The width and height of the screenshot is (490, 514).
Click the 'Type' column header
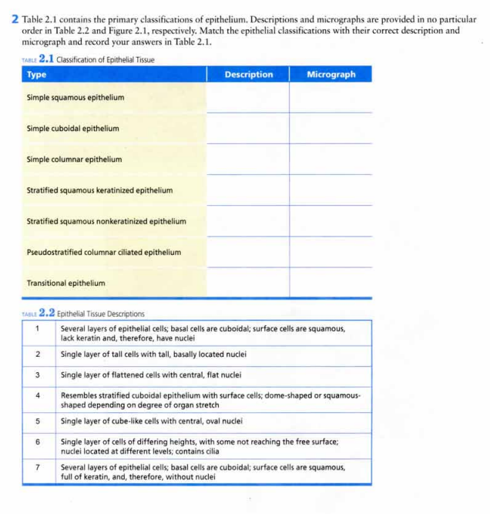37,75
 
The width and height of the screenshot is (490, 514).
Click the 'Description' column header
248,75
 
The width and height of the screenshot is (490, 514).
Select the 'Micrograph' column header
331,75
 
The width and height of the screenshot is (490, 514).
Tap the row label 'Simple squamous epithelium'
76,98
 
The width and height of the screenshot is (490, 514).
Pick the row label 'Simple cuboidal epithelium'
73,129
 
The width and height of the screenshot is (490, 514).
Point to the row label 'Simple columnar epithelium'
75,160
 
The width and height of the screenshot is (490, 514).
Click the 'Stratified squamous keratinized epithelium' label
99,190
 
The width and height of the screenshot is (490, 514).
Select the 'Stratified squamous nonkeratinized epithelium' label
106,221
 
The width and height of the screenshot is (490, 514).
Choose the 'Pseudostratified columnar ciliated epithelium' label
104,252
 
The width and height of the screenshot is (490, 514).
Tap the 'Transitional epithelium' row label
66,283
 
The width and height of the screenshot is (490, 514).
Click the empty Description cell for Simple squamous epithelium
248,98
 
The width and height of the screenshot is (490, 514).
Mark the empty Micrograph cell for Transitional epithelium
331,283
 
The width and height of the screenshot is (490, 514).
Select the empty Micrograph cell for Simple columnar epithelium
331,160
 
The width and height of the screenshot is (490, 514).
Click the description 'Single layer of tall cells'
153,354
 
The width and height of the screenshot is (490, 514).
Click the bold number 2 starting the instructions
15,18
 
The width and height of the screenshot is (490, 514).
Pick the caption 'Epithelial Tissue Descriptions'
101,314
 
